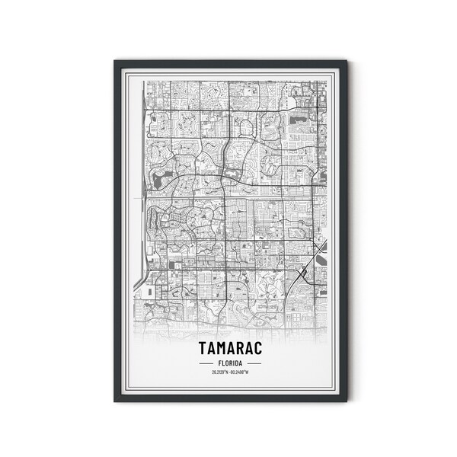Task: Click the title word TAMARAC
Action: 228,348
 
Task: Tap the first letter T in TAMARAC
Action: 201,348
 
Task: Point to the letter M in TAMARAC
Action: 219,348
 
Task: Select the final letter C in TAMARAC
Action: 256,348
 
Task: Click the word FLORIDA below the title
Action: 228,363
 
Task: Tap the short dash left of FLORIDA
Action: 205,363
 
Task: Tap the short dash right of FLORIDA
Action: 252,363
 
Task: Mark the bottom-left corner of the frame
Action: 114,401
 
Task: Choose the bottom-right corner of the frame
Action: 347,401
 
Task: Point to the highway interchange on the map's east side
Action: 303,272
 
